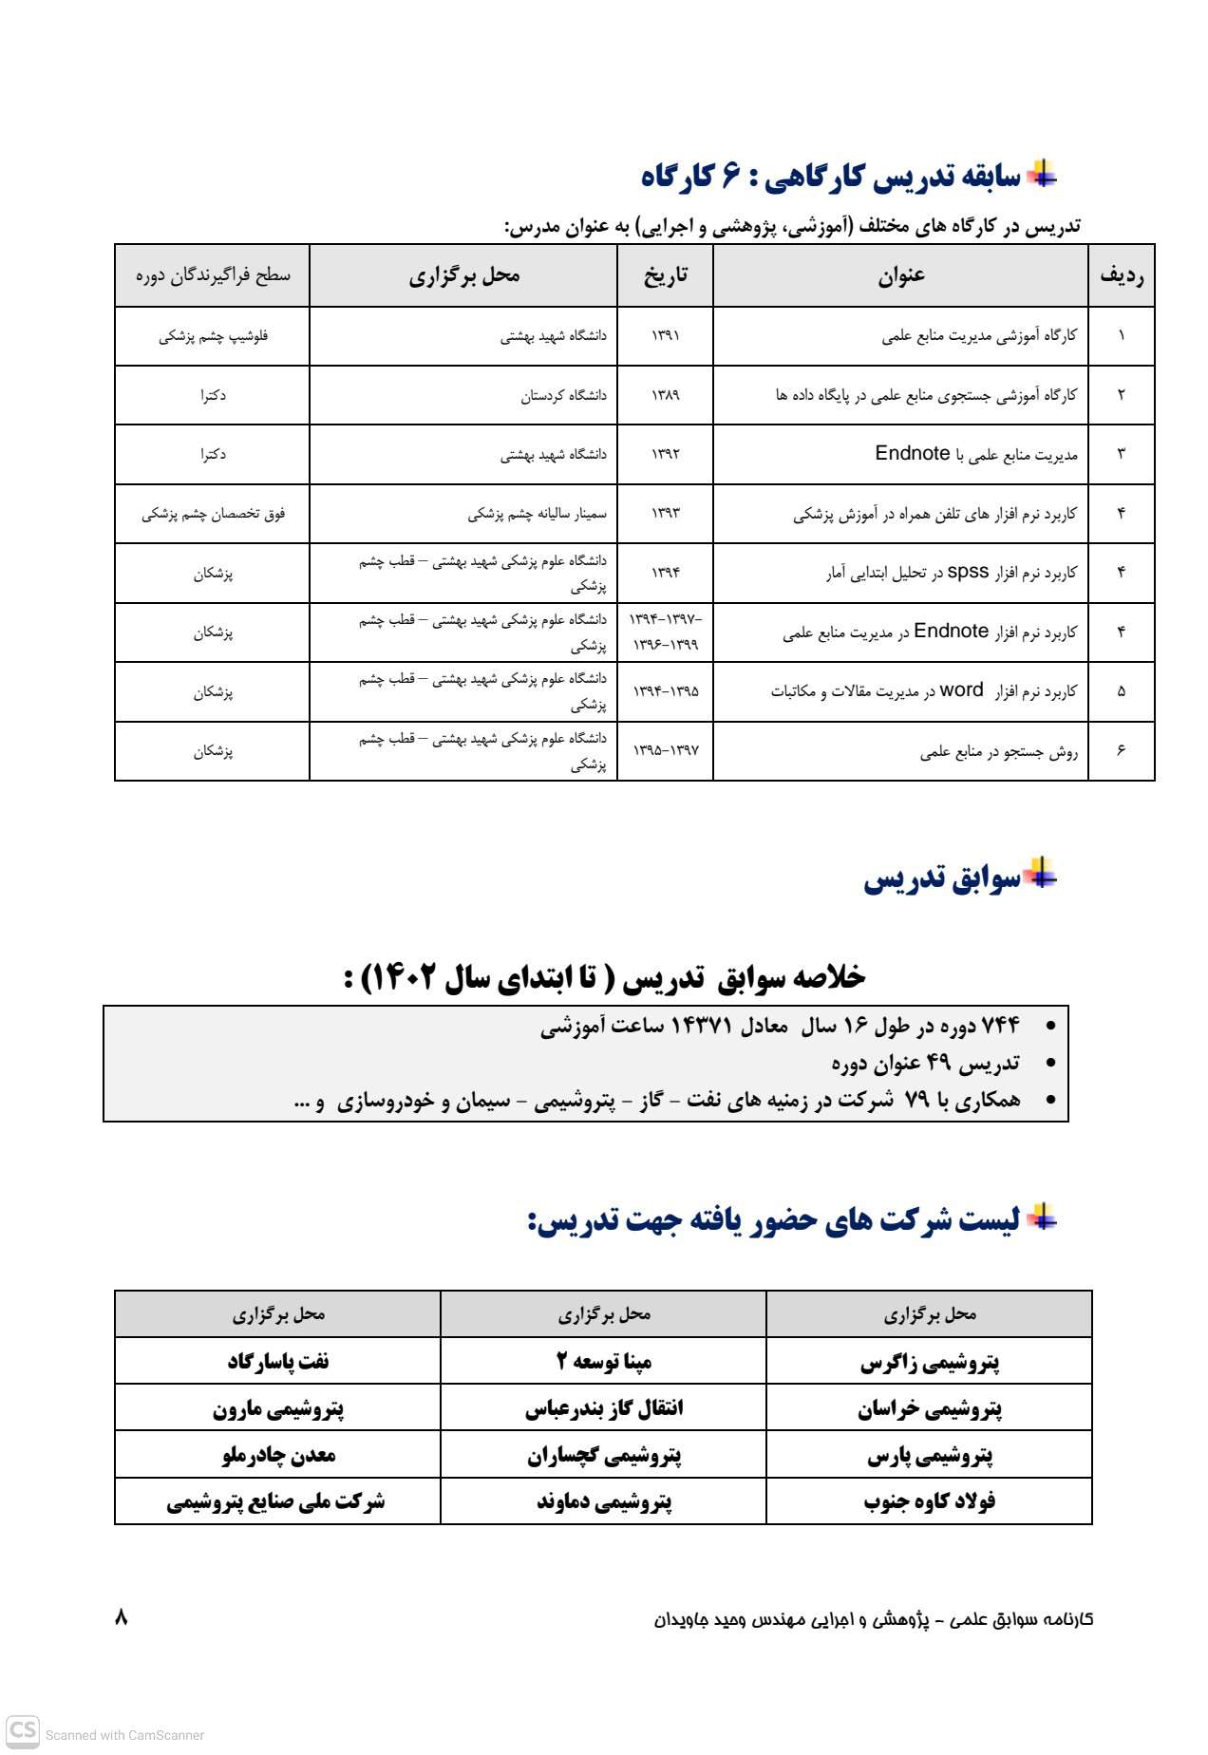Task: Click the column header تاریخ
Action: click(665, 275)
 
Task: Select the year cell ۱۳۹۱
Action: click(665, 336)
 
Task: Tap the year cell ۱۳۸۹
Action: click(665, 395)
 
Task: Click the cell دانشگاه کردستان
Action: click(563, 395)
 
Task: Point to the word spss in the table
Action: click(969, 572)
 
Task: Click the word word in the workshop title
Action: click(961, 690)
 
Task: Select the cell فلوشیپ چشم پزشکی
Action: click(213, 336)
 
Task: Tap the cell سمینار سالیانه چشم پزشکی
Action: click(537, 514)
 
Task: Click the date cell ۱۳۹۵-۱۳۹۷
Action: click(666, 750)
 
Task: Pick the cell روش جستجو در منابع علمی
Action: click(998, 752)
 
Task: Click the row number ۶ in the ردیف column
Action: click(1121, 750)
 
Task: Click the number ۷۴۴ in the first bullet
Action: click(1000, 1026)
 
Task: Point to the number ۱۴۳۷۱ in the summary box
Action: click(702, 1026)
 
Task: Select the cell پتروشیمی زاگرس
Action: click(929, 1363)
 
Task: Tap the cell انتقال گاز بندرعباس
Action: click(604, 1408)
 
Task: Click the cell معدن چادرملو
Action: click(278, 1455)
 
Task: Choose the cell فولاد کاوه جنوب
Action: click(929, 1501)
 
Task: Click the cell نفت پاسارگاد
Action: click(278, 1362)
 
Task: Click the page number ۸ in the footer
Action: click(121, 1616)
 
